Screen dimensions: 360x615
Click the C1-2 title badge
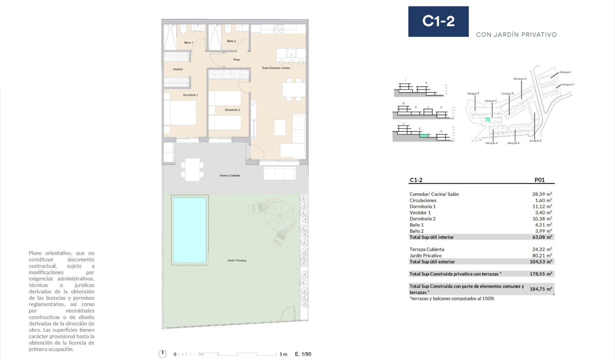(438, 21)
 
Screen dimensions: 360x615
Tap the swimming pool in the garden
(190, 230)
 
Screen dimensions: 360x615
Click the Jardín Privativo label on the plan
(237, 261)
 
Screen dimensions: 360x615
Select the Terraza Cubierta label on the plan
(230, 175)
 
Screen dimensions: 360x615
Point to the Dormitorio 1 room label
(190, 95)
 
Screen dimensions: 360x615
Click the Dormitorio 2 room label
(232, 110)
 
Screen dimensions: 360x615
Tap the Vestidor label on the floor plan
(178, 70)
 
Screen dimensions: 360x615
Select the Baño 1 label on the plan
(189, 42)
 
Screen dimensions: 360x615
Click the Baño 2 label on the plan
(231, 41)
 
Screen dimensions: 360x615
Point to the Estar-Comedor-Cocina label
(276, 68)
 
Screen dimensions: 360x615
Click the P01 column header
(540, 181)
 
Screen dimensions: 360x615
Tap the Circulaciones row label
(422, 200)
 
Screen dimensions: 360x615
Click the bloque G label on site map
(520, 79)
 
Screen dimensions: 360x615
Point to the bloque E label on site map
(534, 141)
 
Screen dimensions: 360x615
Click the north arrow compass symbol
(163, 354)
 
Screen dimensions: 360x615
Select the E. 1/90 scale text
(303, 354)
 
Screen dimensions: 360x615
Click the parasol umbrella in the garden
(280, 216)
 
